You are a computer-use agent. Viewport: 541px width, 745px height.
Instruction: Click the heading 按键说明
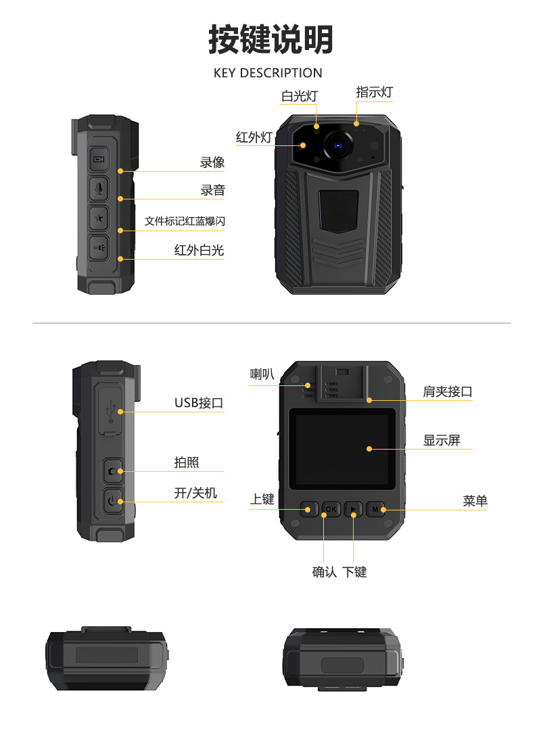pyautogui.click(x=270, y=39)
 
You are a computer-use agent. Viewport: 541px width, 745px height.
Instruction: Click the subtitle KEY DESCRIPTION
pyautogui.click(x=268, y=73)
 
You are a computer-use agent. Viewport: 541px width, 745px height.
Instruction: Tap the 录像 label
pyautogui.click(x=212, y=162)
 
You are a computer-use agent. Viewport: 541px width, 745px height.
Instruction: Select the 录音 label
pyautogui.click(x=212, y=191)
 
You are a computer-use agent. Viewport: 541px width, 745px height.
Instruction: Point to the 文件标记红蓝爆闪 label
pyautogui.click(x=185, y=222)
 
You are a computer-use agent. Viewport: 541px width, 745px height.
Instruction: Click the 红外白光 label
pyautogui.click(x=199, y=250)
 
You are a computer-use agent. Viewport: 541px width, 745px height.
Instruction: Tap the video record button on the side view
pyautogui.click(x=99, y=160)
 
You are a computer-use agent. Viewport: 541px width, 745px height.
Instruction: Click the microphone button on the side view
pyautogui.click(x=99, y=189)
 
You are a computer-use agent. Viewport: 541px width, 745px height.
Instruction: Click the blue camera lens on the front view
pyautogui.click(x=337, y=145)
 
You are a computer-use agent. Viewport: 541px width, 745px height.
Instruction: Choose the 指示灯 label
pyautogui.click(x=374, y=93)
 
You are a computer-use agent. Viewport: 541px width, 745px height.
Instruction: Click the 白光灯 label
pyautogui.click(x=299, y=96)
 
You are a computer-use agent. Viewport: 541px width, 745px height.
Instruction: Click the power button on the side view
pyautogui.click(x=112, y=501)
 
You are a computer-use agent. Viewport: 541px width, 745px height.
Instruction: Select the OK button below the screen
pyautogui.click(x=331, y=508)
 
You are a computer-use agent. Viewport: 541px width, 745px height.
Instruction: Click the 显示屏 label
pyautogui.click(x=442, y=440)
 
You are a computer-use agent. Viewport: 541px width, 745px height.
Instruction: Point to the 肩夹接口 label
pyautogui.click(x=447, y=391)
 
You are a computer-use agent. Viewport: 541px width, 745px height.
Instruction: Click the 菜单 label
pyautogui.click(x=475, y=501)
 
